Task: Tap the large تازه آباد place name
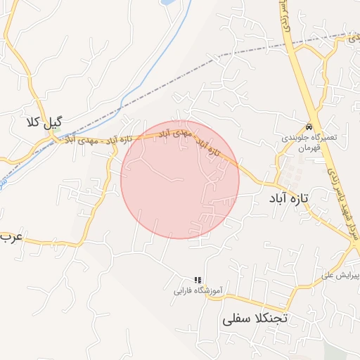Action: (x=289, y=199)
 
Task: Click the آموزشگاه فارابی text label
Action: (x=198, y=290)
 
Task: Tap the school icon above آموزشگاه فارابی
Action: (x=198, y=279)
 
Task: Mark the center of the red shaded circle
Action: (x=180, y=179)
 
